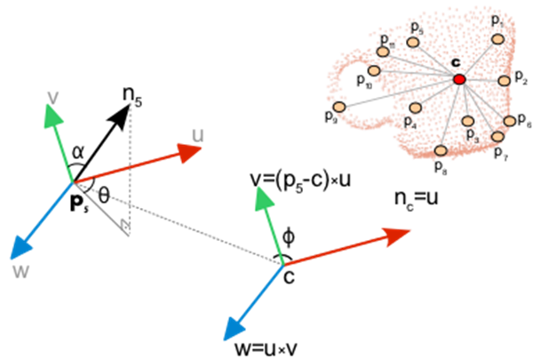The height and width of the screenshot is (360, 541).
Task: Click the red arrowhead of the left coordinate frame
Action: click(189, 152)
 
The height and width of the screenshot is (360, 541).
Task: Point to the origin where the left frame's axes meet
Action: click(73, 181)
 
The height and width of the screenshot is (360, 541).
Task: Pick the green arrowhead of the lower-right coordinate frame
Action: click(263, 199)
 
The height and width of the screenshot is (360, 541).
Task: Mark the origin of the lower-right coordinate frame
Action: click(284, 264)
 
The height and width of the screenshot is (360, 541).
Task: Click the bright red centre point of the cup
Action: click(459, 80)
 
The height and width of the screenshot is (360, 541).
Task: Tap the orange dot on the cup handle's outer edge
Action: click(338, 107)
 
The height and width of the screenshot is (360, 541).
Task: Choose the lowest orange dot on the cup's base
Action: click(441, 150)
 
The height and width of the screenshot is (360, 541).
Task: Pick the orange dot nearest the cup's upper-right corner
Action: click(497, 39)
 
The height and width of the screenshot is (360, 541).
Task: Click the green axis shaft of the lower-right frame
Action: click(274, 233)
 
